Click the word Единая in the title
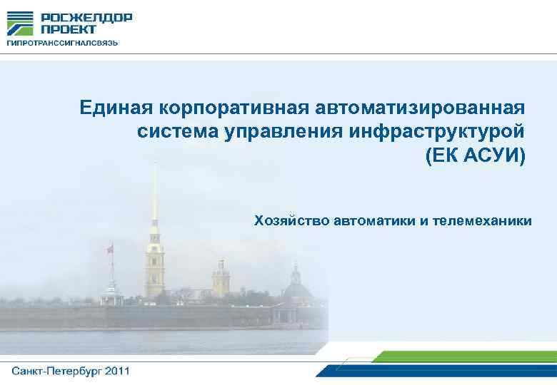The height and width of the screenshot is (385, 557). point(116,108)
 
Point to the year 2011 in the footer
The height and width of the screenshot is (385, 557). point(116,371)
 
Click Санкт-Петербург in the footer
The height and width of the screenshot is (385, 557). point(56,371)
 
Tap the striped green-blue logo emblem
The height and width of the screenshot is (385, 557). point(20,24)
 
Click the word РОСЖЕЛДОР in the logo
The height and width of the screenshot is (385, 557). point(86,18)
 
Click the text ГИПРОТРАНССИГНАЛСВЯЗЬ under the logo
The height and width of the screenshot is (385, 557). point(62,43)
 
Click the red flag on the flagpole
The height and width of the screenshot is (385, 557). point(109,249)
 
